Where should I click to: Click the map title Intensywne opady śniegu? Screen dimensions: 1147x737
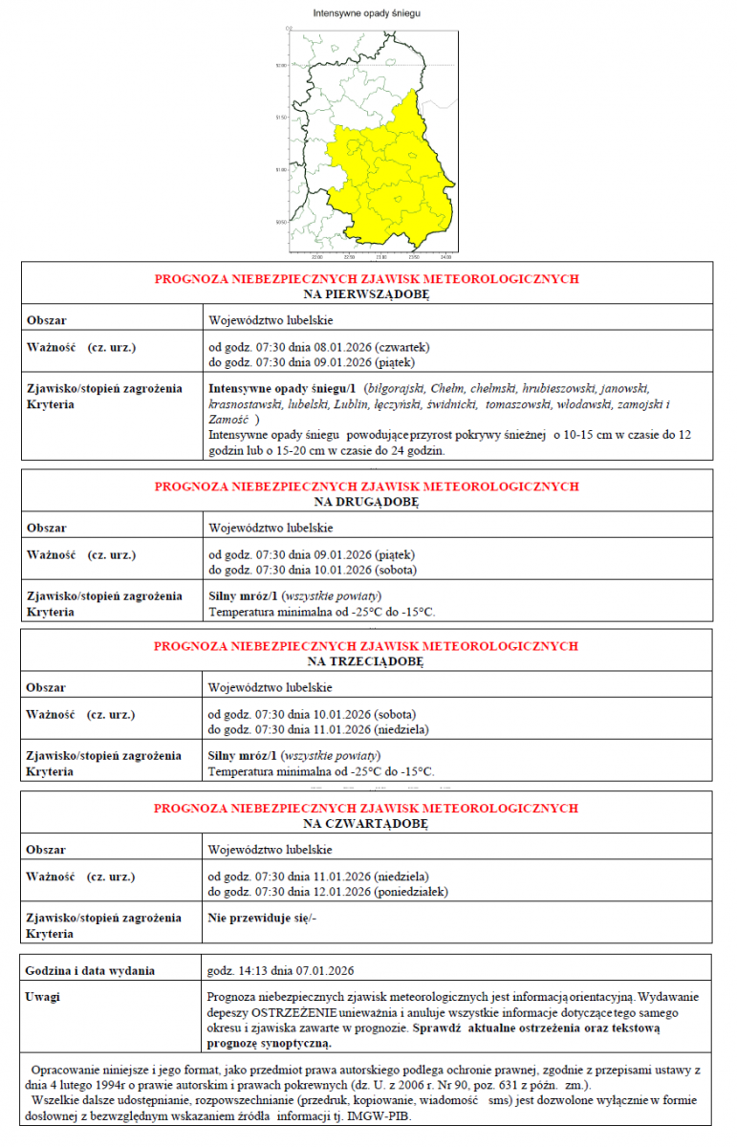366,14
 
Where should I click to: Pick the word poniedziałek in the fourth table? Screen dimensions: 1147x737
412,891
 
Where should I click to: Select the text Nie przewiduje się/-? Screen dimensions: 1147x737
262,918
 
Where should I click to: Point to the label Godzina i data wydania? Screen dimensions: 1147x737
91,971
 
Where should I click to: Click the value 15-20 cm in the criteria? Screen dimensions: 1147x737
315,450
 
